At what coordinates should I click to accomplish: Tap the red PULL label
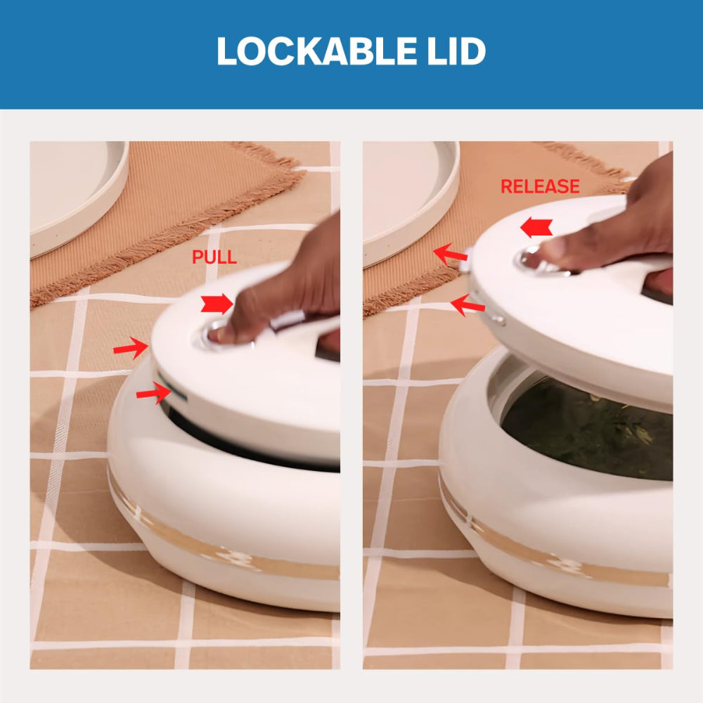[214, 257]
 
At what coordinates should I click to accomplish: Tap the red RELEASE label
[540, 186]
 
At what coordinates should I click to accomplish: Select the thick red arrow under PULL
[217, 304]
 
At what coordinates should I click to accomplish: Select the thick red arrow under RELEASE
[536, 227]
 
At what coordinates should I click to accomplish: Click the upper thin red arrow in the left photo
[131, 347]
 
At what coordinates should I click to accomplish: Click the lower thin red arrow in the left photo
[154, 392]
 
